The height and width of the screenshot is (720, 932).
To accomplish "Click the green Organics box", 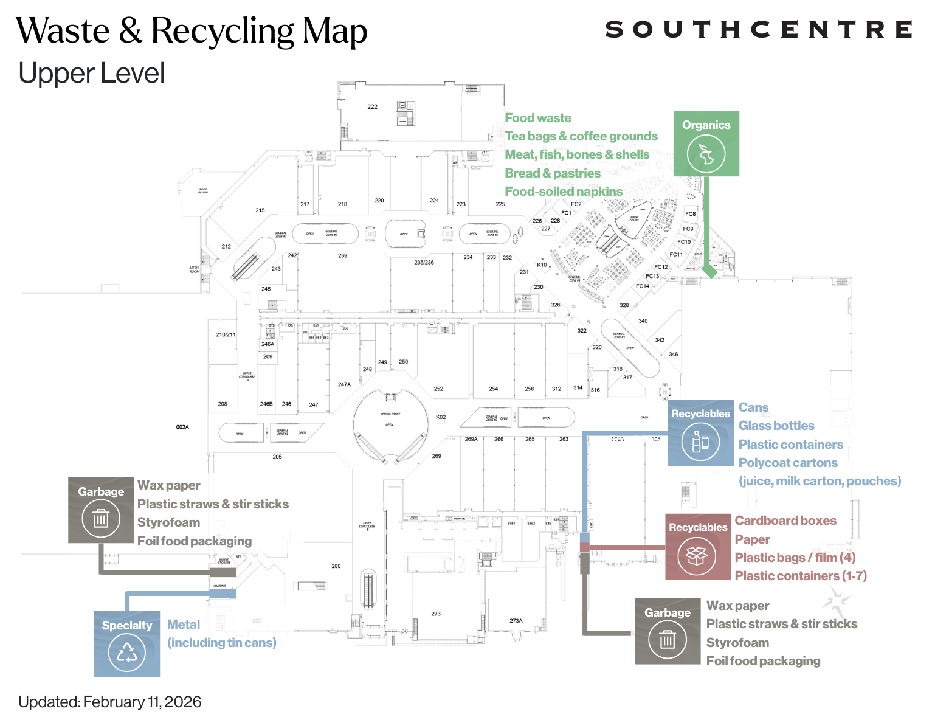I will [706, 144].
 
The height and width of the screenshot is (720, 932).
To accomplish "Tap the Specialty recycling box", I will [127, 643].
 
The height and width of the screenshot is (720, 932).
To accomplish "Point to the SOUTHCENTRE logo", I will [758, 30].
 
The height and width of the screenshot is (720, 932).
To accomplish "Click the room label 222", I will [372, 107].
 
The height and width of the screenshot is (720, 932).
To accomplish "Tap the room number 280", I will [336, 566].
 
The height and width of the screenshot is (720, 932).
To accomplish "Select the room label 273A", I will [516, 621].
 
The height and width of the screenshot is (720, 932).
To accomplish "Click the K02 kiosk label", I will [441, 417].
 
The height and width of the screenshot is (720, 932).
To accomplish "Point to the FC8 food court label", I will [690, 214].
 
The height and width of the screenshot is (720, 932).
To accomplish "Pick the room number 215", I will [260, 210].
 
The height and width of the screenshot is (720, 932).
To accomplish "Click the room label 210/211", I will [226, 334].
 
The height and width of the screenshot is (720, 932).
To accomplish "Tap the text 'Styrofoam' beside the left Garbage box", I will [168, 522].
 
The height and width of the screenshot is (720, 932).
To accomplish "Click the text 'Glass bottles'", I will [776, 426].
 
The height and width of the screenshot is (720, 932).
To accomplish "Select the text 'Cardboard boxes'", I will [785, 521].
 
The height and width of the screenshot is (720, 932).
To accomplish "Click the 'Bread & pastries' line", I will [553, 173].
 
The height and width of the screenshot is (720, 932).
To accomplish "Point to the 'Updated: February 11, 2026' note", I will [110, 702].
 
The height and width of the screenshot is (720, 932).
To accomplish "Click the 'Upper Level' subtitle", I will [92, 74].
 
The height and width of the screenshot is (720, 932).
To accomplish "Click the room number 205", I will [277, 457].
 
